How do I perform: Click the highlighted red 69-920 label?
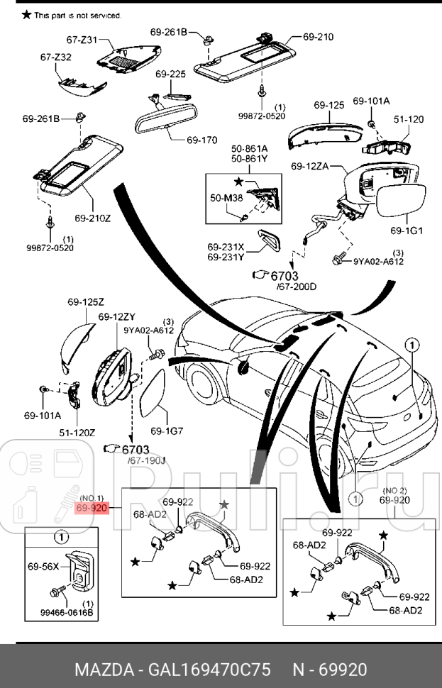point(92,508)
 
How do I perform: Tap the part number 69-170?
point(202,140)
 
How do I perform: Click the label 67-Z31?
point(82,40)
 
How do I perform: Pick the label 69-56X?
point(43,567)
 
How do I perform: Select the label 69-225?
point(170,74)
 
